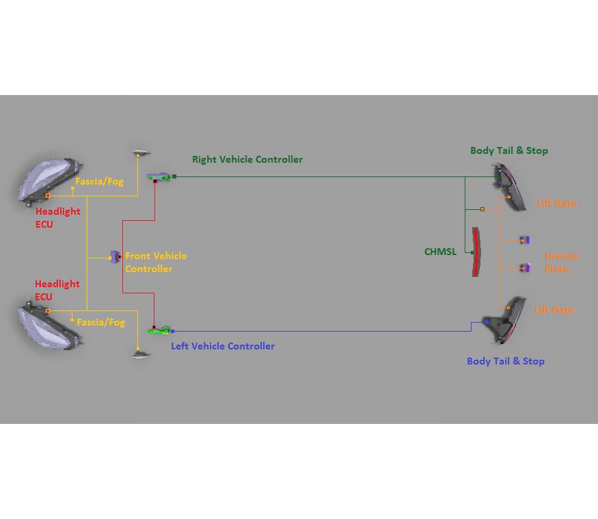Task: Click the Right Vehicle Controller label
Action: [247, 159]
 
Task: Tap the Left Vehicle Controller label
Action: [222, 346]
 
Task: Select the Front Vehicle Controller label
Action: [155, 262]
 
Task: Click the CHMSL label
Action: [440, 252]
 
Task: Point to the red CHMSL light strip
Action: [476, 252]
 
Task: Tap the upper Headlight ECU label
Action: [57, 217]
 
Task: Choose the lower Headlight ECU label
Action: [57, 290]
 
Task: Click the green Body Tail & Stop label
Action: [508, 150]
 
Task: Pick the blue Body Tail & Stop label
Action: [505, 361]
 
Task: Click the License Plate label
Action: [560, 262]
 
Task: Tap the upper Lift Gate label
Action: [556, 203]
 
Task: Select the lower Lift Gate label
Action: [554, 310]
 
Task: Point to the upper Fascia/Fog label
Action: [99, 182]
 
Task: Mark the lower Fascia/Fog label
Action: [100, 322]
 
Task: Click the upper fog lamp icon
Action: [140, 152]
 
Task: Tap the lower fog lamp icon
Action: [140, 355]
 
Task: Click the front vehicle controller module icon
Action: [115, 257]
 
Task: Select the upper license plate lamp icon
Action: [524, 240]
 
